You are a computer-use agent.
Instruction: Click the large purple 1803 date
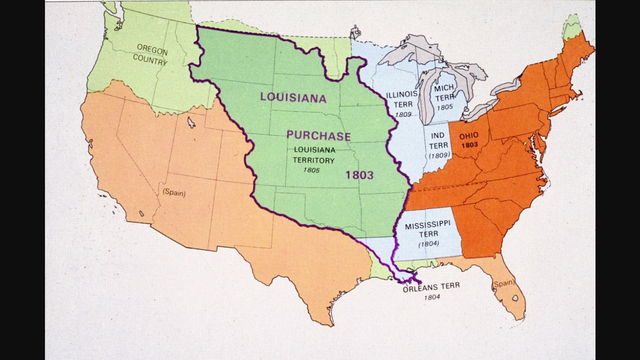click(360, 174)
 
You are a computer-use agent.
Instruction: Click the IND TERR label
click(438, 139)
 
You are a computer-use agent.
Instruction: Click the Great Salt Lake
click(191, 123)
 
